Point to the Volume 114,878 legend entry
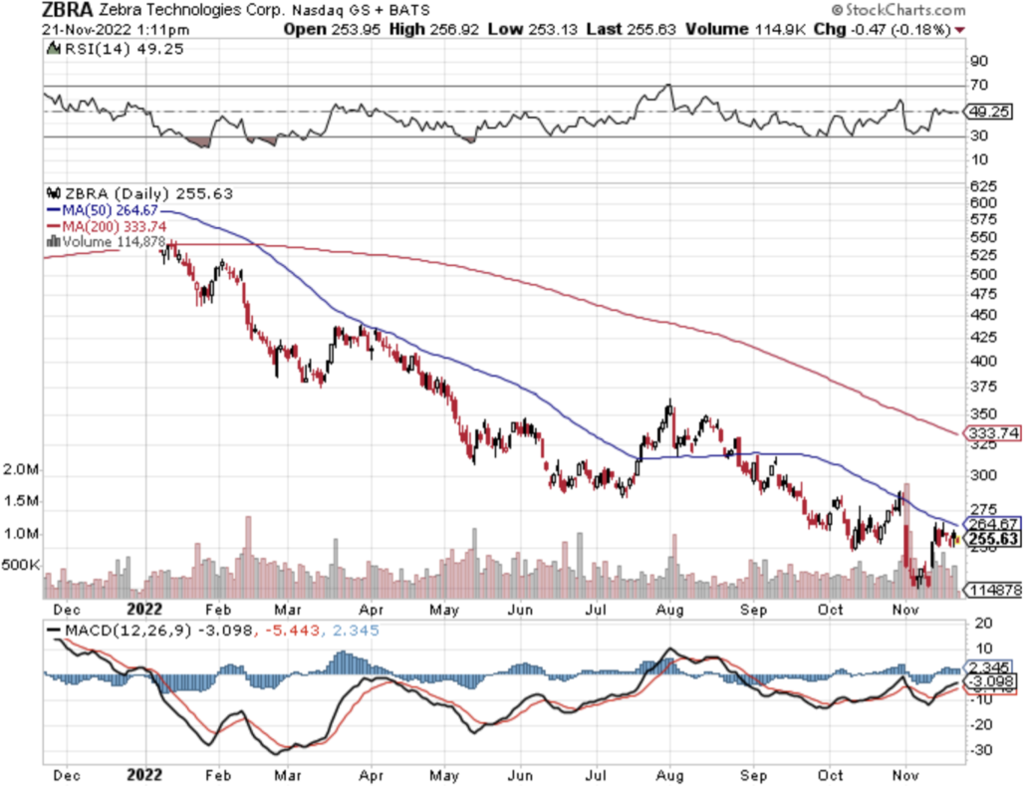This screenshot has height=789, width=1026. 111,241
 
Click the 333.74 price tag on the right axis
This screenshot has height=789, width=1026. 992,433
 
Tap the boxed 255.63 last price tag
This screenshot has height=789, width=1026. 992,538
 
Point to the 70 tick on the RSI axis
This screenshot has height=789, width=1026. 978,87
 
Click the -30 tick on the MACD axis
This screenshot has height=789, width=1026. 982,749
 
